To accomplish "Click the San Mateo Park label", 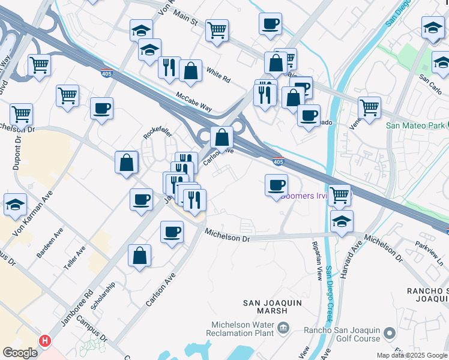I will (x=415, y=125).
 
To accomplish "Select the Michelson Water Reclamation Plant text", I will (x=241, y=328).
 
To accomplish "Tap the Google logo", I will (x=20, y=353).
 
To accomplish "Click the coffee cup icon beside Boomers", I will (x=276, y=184).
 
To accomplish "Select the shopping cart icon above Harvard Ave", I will (x=340, y=194).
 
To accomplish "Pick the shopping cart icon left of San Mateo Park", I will (x=369, y=108).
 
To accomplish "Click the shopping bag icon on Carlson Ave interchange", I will (x=221, y=137).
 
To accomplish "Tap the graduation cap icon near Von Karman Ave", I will (x=15, y=204).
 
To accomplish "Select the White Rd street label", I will (x=218, y=79).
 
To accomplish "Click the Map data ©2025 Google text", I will (x=411, y=355).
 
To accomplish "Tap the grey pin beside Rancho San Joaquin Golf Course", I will (x=389, y=332).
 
